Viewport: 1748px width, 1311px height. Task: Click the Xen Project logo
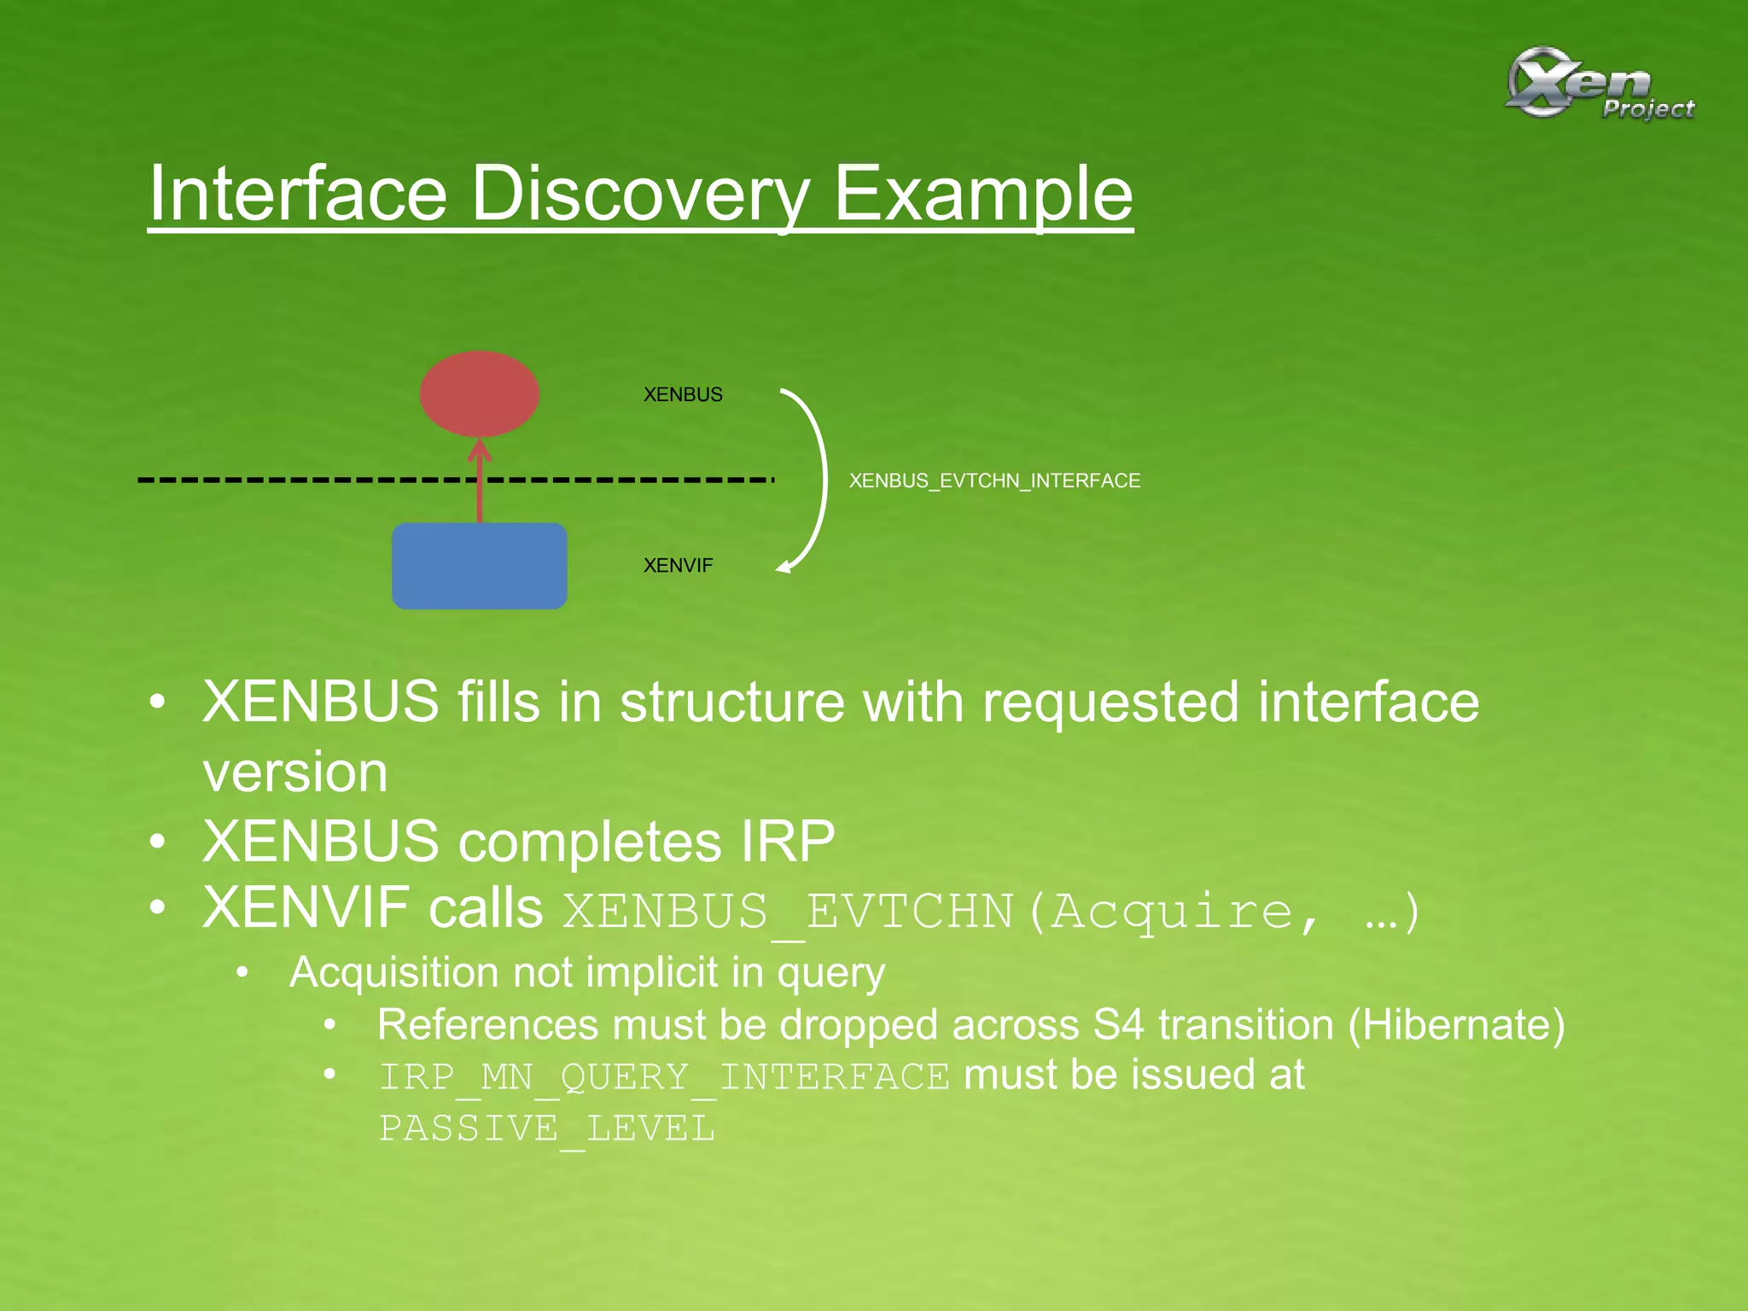(x=1598, y=84)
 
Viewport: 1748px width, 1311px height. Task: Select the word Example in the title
(x=982, y=195)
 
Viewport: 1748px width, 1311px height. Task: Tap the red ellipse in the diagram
(x=480, y=393)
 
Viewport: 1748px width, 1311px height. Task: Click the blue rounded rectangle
(x=480, y=566)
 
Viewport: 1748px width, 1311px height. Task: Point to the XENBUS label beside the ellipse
(x=683, y=394)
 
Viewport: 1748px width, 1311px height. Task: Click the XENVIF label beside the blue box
(x=678, y=565)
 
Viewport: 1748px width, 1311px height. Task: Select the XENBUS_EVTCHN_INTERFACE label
(x=994, y=481)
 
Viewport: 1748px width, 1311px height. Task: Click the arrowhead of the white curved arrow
(x=784, y=567)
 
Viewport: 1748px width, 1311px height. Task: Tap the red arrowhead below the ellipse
(x=480, y=449)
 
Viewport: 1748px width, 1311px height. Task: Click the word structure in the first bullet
(x=731, y=702)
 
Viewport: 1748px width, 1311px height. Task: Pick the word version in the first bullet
(x=295, y=772)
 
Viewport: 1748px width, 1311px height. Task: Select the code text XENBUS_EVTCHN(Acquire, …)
(x=990, y=912)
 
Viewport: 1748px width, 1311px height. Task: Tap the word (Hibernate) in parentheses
(x=1456, y=1024)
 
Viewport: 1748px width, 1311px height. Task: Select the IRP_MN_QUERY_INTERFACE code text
(x=663, y=1077)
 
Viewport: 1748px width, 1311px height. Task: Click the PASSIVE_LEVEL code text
(x=546, y=1129)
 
